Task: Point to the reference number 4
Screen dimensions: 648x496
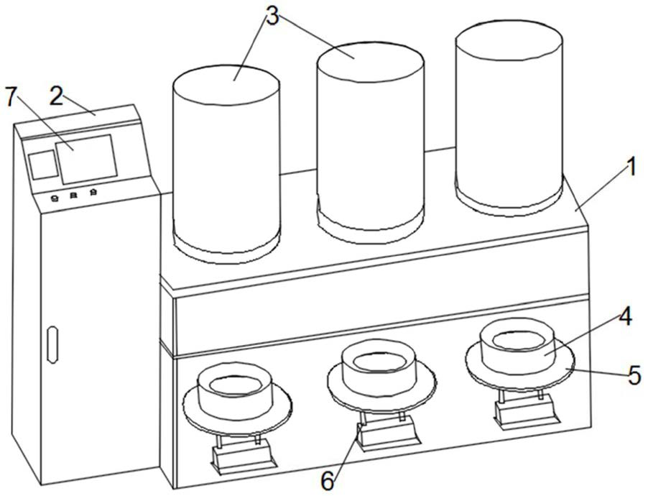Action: tap(625, 317)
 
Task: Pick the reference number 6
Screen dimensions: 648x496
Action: tap(328, 481)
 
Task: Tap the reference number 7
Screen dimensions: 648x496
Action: tap(11, 96)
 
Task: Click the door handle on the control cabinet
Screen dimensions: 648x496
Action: tap(52, 344)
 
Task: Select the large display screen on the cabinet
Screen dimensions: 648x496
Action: tap(86, 159)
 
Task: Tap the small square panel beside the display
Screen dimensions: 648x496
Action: tap(42, 165)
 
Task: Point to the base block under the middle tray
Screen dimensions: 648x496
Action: tap(389, 435)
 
